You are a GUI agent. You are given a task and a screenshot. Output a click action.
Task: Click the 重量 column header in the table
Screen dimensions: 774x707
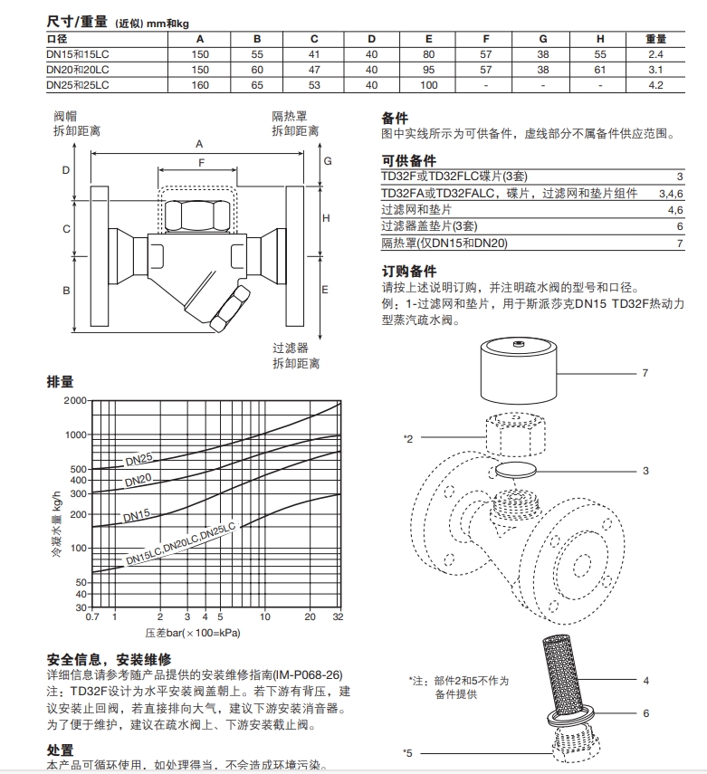(x=655, y=39)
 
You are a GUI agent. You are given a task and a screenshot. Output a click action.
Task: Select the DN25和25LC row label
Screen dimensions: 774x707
(x=78, y=85)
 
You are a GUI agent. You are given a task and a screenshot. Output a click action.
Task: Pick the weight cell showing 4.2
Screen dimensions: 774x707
(x=655, y=85)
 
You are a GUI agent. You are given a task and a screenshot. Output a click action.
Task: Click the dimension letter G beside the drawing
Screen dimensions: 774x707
(x=329, y=161)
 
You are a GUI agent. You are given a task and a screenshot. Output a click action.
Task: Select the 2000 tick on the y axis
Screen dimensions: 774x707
(x=75, y=400)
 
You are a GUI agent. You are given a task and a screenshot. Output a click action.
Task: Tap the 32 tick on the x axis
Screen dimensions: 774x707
(x=338, y=617)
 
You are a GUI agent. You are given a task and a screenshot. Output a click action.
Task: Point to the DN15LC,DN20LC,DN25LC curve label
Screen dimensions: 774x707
(x=180, y=547)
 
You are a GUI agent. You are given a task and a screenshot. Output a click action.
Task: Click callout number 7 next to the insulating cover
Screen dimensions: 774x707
(x=645, y=372)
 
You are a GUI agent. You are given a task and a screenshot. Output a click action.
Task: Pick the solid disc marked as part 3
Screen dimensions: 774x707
(x=515, y=471)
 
